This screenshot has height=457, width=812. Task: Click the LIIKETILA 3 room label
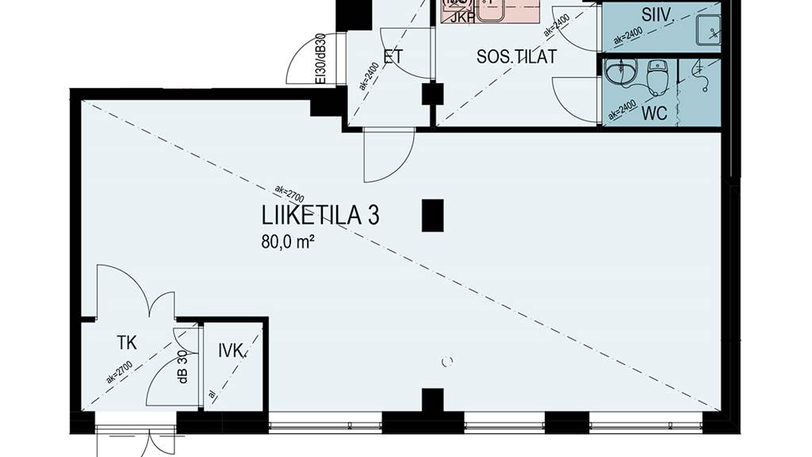(320, 216)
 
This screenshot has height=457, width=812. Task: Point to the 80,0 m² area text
(289, 242)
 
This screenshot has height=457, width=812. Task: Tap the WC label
(654, 113)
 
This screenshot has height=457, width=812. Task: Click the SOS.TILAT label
(516, 57)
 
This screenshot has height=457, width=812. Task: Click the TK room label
(127, 343)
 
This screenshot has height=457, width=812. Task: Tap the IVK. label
(233, 350)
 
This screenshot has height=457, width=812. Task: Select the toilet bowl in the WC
(657, 77)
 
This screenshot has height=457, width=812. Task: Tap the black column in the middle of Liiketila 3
(432, 215)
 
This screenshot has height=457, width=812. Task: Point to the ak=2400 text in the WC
(623, 108)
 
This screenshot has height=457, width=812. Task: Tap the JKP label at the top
(462, 17)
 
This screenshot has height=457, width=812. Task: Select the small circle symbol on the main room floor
(446, 362)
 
